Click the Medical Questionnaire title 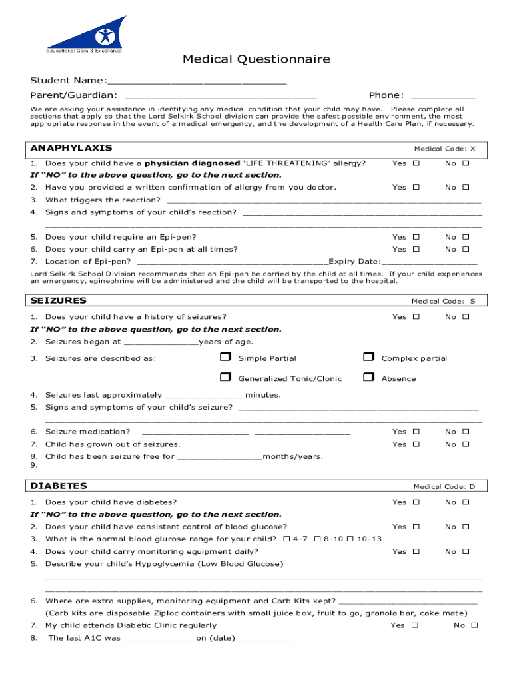[256, 60]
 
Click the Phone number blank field [443, 95]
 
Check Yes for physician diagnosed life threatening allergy [416, 163]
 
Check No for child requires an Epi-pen [466, 237]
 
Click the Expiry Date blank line [430, 262]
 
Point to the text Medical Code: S [443, 301]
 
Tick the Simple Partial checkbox [225, 358]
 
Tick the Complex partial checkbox [368, 358]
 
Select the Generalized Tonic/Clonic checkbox [225, 378]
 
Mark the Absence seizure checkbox [368, 378]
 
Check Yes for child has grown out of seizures [416, 444]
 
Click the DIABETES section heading [59, 486]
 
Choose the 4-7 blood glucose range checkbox [287, 539]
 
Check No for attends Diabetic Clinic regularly [475, 625]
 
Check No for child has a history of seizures [466, 317]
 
